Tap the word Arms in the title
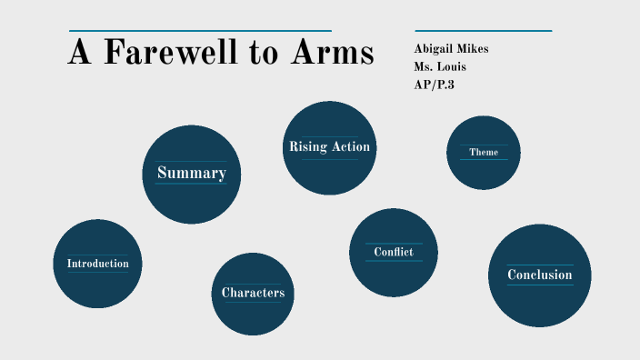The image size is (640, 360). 332,53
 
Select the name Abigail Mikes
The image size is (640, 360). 451,48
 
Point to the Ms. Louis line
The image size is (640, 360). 441,66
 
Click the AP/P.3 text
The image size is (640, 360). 434,85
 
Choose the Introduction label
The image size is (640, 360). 97,264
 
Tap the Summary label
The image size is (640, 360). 191,173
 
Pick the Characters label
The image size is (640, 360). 253,293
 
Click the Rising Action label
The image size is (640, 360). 329,146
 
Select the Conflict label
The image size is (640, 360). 394,252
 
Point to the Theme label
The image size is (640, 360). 484,152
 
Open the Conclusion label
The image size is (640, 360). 540,275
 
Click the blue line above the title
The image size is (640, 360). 200,31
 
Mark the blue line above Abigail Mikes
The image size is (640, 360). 483,31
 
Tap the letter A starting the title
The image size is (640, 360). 80,53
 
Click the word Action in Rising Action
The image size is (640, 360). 351,146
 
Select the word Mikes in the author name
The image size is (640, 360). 471,48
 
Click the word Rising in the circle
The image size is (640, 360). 307,146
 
